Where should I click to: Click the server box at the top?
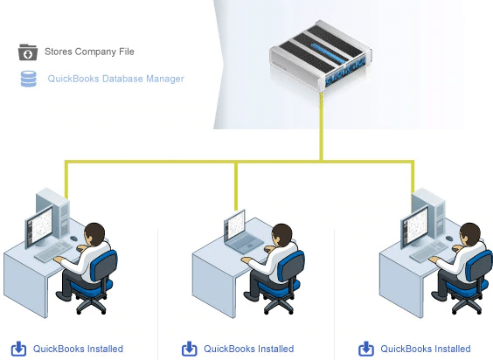click(x=321, y=56)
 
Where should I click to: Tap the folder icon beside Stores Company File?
click(x=28, y=52)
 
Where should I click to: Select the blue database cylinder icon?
click(x=28, y=79)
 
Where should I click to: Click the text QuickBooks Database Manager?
click(x=115, y=79)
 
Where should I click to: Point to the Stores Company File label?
click(x=89, y=52)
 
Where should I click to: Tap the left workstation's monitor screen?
click(x=39, y=225)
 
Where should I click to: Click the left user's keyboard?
click(x=54, y=253)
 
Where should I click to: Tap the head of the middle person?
click(x=282, y=235)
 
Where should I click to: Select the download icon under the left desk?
click(x=18, y=349)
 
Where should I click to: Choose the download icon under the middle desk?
click(x=190, y=349)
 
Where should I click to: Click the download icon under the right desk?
click(x=366, y=349)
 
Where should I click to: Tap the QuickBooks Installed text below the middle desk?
click(x=249, y=349)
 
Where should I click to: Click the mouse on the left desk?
click(x=73, y=239)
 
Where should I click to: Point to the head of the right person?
click(x=469, y=234)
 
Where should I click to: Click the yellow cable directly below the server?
click(x=322, y=127)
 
